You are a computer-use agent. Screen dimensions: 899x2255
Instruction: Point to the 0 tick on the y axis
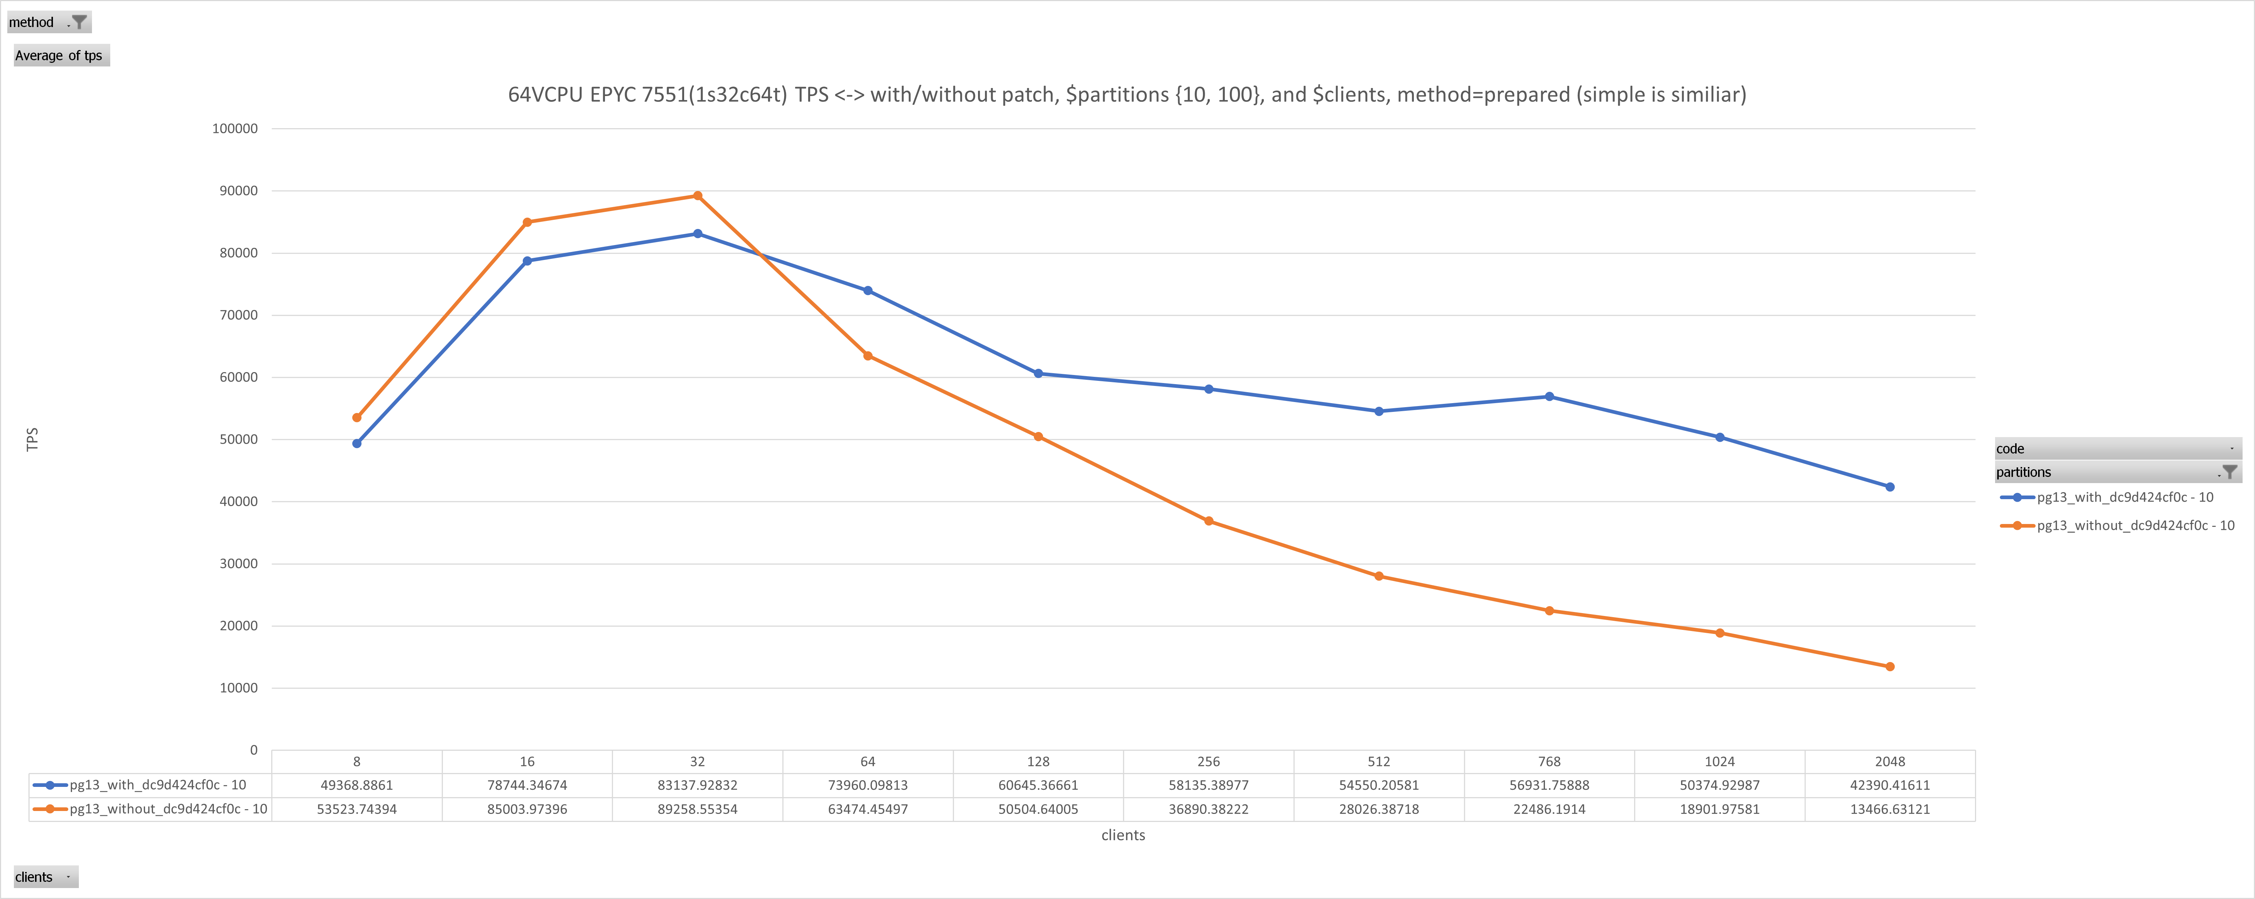tap(254, 750)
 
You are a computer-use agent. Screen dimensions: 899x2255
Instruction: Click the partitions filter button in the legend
tap(2229, 472)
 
